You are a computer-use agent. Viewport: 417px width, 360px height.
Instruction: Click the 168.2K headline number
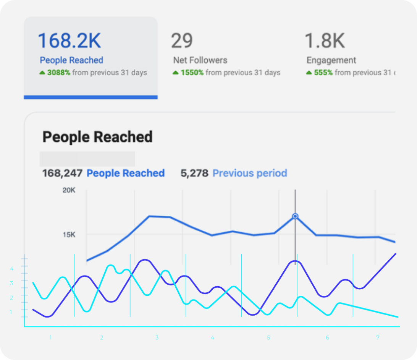[69, 41]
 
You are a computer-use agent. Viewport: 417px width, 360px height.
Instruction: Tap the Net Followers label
[200, 60]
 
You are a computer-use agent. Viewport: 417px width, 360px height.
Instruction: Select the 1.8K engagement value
[325, 41]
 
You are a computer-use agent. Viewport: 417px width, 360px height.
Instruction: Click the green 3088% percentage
[59, 73]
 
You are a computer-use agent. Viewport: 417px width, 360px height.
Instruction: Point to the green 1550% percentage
[192, 73]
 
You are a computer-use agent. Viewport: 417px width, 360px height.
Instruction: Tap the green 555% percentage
[323, 73]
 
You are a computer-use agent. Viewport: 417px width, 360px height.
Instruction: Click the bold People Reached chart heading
[97, 137]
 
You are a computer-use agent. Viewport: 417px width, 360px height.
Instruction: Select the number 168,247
[62, 173]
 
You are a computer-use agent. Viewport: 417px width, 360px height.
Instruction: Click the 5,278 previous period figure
[194, 173]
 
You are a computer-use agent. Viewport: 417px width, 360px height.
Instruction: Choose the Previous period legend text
[250, 173]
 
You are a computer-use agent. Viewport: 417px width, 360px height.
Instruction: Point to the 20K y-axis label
[69, 190]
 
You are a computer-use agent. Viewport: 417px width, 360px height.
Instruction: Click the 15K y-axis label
[69, 234]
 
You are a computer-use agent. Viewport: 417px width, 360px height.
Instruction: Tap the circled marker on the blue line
[295, 216]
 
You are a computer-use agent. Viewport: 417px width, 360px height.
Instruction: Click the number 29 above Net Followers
[182, 41]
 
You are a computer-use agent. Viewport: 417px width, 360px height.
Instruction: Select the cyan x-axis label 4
[212, 338]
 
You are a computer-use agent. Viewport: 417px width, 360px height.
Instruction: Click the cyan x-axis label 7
[378, 338]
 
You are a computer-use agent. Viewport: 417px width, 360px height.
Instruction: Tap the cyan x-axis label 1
[50, 338]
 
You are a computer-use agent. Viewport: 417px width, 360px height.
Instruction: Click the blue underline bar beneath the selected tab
[91, 97]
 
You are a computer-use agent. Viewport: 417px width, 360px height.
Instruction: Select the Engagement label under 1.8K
[331, 60]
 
